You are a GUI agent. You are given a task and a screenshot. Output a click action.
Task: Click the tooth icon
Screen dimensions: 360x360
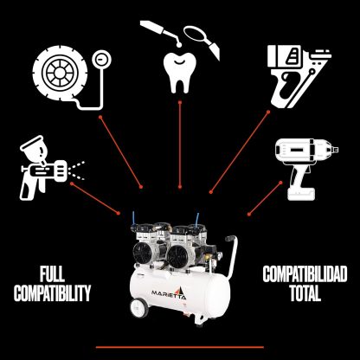click(x=180, y=72)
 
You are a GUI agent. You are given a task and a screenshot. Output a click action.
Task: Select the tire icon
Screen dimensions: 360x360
click(x=60, y=73)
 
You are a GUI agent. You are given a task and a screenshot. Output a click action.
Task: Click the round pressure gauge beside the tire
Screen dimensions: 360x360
click(x=101, y=60)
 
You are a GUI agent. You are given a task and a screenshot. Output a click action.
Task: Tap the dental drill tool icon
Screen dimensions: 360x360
click(x=162, y=33)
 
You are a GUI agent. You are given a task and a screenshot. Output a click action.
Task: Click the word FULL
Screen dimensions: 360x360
click(x=52, y=274)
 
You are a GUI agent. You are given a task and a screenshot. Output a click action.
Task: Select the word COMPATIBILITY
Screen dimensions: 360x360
click(x=52, y=293)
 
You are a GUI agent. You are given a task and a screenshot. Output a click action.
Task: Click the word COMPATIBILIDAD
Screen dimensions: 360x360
click(x=305, y=274)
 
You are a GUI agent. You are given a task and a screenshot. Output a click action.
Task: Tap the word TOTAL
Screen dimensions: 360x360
click(x=305, y=293)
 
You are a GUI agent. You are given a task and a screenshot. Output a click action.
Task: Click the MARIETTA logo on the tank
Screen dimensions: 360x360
click(x=169, y=292)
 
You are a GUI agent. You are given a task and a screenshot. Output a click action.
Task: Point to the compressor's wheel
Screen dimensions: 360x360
click(x=139, y=308)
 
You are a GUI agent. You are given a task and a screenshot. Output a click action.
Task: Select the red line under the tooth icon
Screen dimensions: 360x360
click(x=180, y=145)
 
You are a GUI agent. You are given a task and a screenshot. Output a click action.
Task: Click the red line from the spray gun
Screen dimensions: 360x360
click(x=95, y=198)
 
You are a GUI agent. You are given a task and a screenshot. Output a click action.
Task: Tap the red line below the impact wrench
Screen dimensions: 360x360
click(x=265, y=198)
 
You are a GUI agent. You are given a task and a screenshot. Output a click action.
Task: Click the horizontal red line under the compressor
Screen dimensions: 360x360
click(x=180, y=347)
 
